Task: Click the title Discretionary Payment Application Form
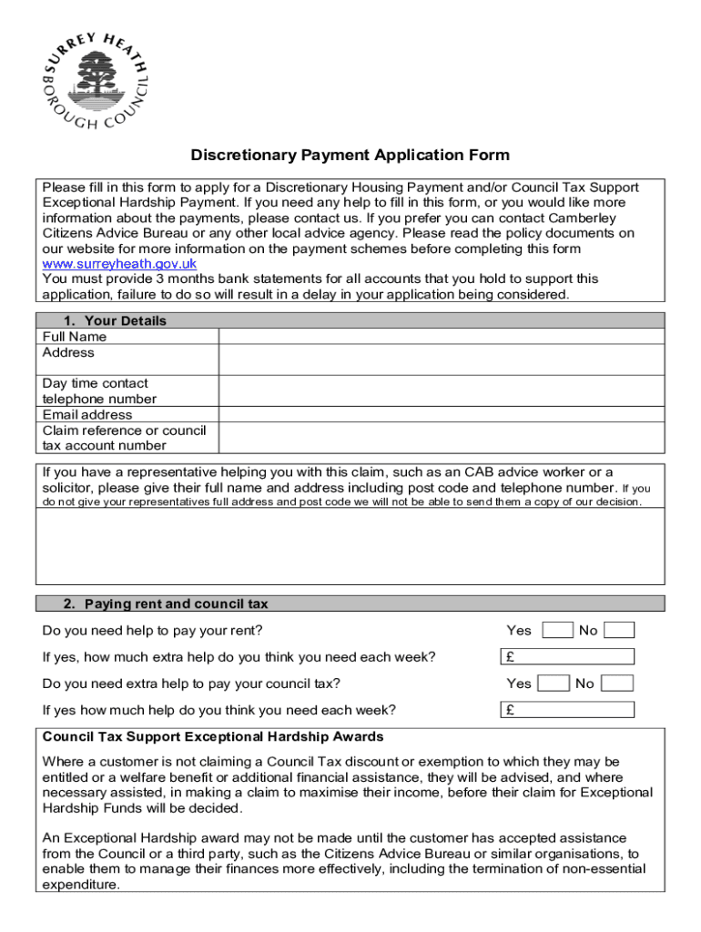pos(350,156)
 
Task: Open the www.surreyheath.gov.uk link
pos(120,264)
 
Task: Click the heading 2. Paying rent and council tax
pos(166,603)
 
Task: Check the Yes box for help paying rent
pos(557,630)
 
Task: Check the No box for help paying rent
pos(619,630)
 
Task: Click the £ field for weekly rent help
pos(568,657)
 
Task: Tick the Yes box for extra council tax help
pos(554,684)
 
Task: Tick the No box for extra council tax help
pos(617,684)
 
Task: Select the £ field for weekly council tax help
pos(568,710)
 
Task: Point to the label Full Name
pos(75,337)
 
